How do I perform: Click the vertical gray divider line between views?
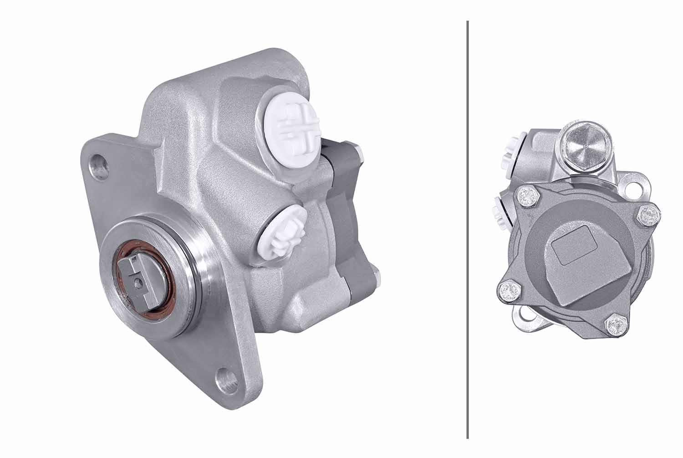coord(468,228)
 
